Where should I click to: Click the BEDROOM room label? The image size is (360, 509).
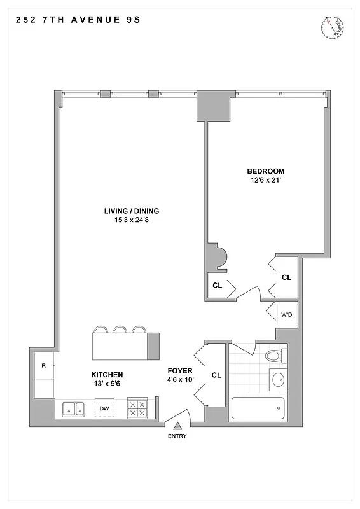click(265, 171)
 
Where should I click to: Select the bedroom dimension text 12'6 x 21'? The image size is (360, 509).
click(265, 181)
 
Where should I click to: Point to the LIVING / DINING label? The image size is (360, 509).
click(132, 211)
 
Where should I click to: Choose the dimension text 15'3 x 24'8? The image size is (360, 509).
click(132, 221)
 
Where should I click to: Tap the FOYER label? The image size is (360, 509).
click(180, 370)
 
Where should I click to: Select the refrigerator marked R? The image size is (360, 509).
click(43, 366)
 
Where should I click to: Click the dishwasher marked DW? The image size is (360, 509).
click(104, 408)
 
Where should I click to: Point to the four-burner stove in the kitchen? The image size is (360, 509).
click(138, 408)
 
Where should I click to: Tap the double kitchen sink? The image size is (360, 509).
click(73, 408)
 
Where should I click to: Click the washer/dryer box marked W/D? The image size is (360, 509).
click(286, 313)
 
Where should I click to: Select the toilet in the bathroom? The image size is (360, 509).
click(274, 355)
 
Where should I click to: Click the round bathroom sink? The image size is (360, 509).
click(279, 380)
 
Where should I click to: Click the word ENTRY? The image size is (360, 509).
click(178, 436)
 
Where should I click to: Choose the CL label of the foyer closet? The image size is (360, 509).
click(216, 375)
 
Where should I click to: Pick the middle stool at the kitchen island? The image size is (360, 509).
click(120, 329)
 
